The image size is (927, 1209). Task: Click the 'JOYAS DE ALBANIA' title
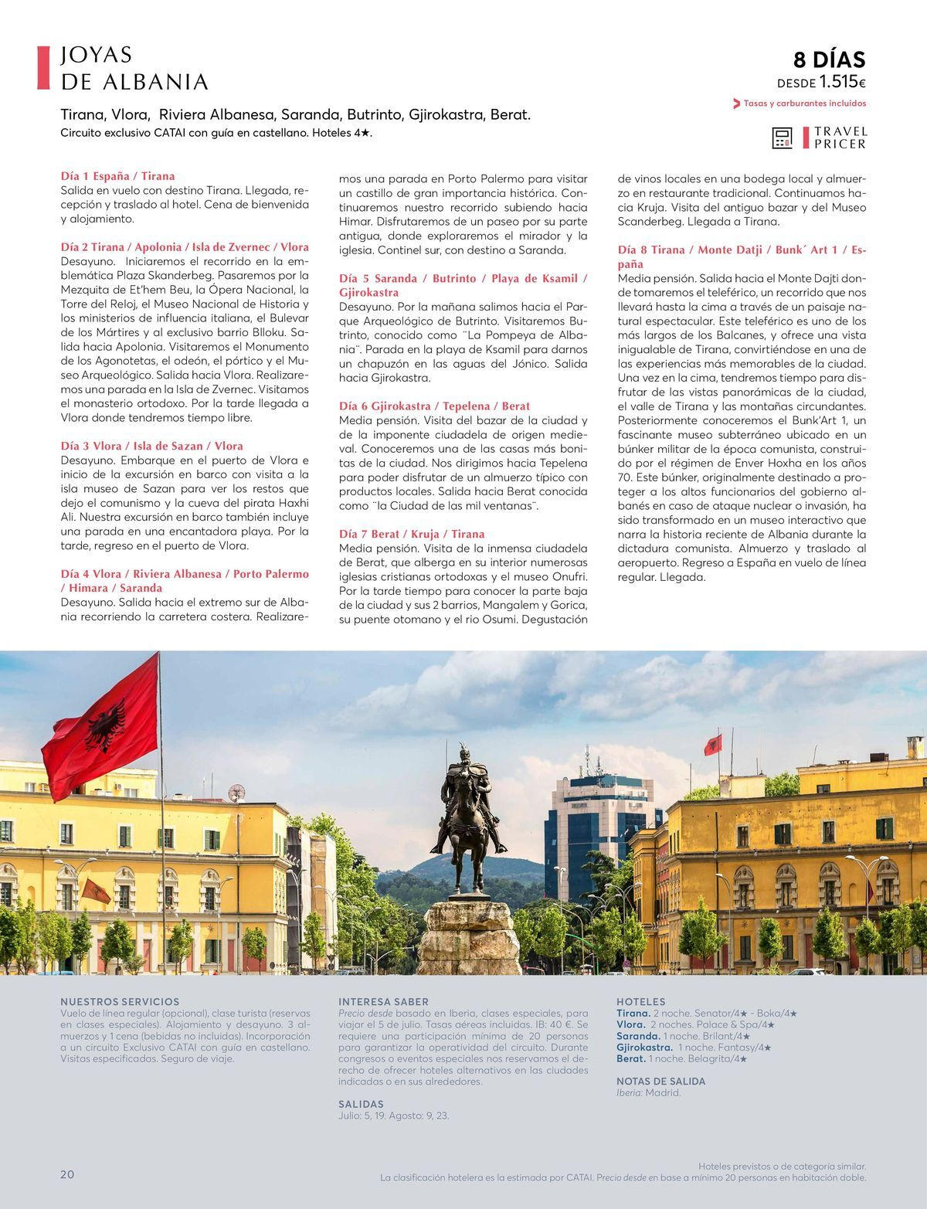coord(134,68)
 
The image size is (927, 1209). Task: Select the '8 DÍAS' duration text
coord(830,59)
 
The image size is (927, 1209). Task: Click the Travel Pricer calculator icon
coord(783,138)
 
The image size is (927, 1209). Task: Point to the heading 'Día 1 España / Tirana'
coord(117,176)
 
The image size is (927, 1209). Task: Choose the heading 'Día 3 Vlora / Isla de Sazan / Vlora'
coord(151,446)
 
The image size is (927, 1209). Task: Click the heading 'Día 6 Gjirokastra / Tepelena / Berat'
coord(434,406)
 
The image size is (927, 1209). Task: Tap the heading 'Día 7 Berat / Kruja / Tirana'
coord(412,534)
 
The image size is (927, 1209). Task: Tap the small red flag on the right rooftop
coord(712,745)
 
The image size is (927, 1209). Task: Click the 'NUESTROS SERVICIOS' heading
coord(120,1001)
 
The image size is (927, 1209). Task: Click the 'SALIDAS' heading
coord(361,1104)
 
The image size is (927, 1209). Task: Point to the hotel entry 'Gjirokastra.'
coord(644,1048)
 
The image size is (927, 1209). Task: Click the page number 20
coord(67,1174)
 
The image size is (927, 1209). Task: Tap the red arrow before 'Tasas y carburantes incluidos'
coord(736,104)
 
